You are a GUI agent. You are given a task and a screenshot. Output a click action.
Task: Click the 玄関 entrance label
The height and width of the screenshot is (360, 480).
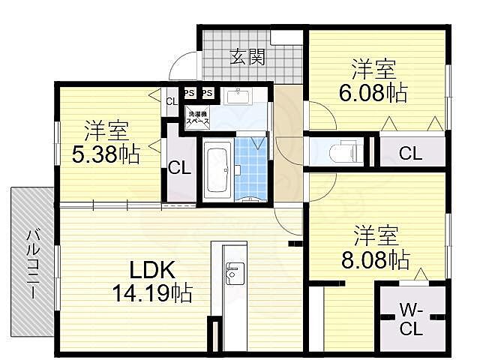pyautogui.click(x=246, y=55)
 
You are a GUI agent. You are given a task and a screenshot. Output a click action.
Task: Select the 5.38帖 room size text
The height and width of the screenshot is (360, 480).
pyautogui.click(x=106, y=154)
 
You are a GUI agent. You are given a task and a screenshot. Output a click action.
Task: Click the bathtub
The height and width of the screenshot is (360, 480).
pyautogui.click(x=217, y=169)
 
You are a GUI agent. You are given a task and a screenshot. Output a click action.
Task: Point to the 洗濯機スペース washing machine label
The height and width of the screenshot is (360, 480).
pyautogui.click(x=198, y=118)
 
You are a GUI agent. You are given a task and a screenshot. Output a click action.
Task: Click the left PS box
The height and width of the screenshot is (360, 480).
pyautogui.click(x=190, y=93)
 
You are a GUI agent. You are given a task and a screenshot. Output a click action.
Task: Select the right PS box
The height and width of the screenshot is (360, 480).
pyautogui.click(x=208, y=93)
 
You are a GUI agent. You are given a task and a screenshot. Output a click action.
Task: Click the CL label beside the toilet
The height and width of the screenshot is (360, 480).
pyautogui.click(x=409, y=154)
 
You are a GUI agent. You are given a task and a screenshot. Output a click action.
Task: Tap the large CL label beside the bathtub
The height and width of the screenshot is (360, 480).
pyautogui.click(x=179, y=167)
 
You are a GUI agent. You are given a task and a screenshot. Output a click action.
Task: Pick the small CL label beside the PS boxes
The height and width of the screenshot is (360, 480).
pyautogui.click(x=171, y=101)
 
